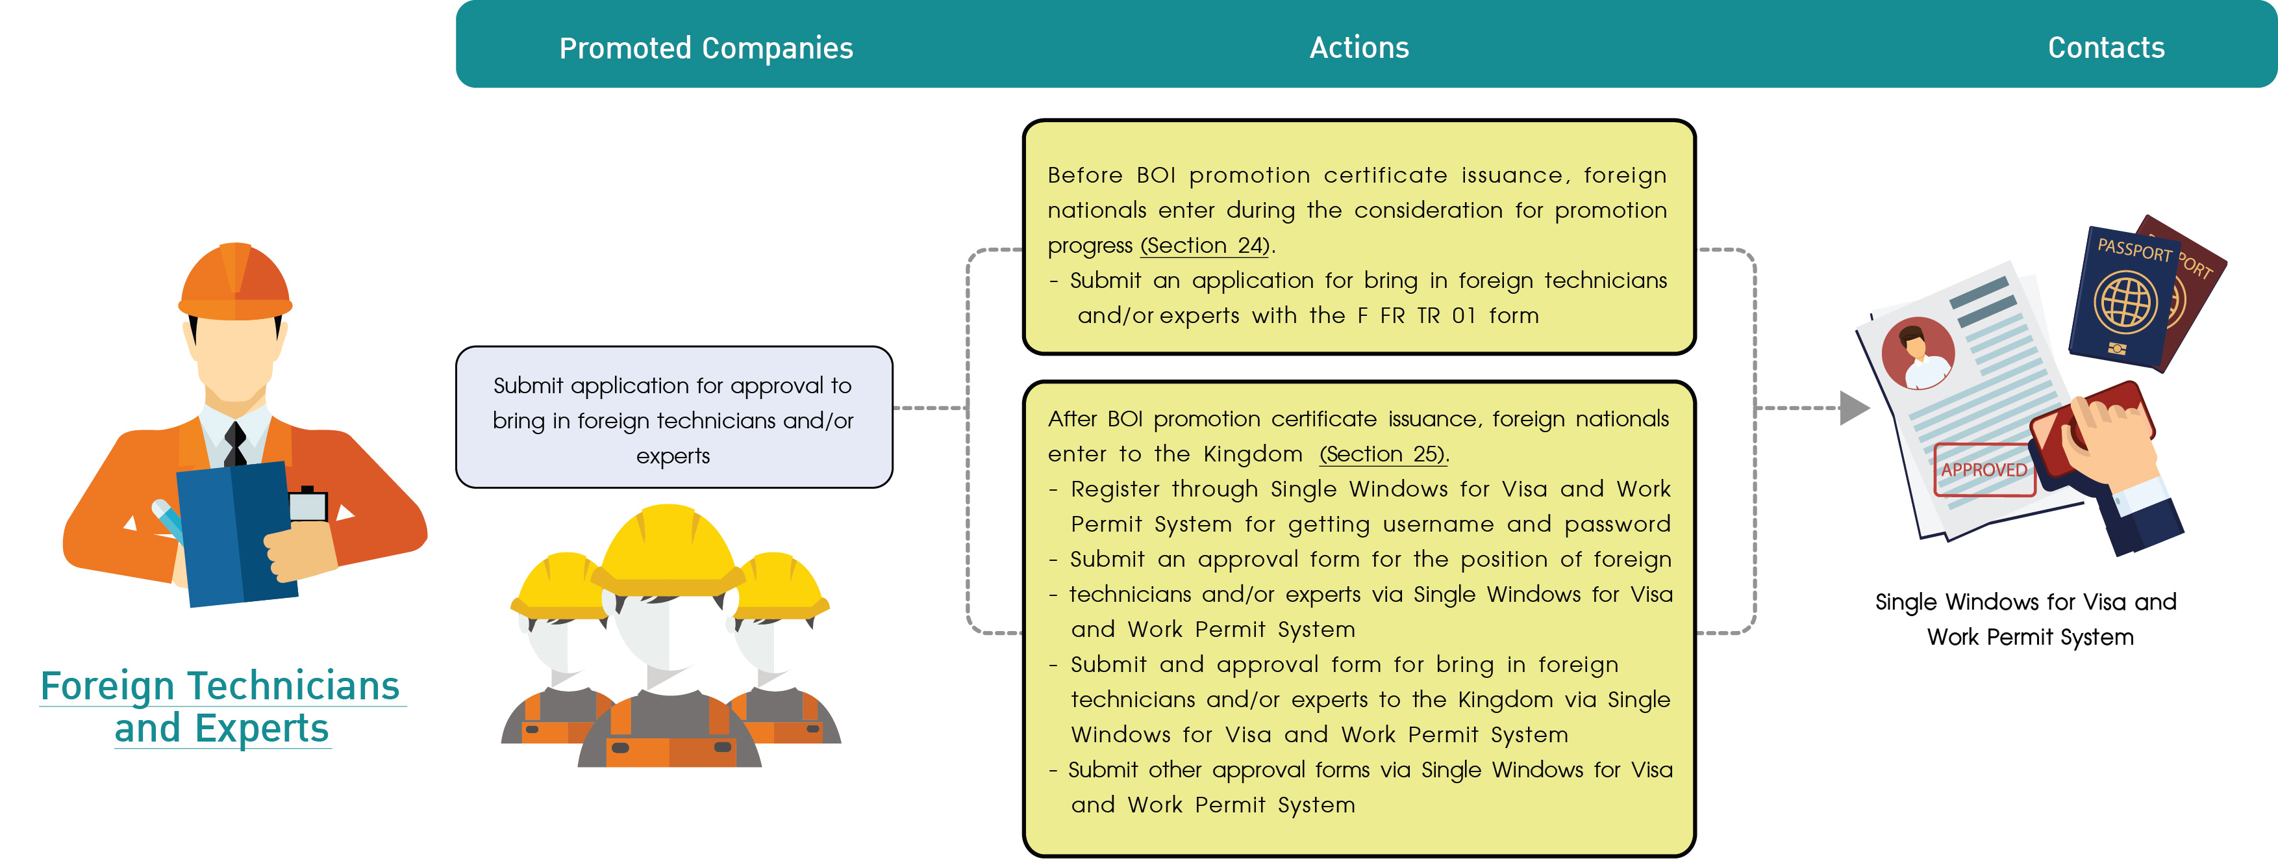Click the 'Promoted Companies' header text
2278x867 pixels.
pos(706,49)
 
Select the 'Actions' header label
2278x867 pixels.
pos(1359,48)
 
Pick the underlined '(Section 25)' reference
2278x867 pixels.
pos(1383,454)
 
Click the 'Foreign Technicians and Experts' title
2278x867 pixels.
pos(221,707)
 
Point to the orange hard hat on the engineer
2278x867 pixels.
pos(235,281)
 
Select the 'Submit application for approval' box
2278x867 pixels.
pos(674,417)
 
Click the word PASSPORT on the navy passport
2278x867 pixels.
pos(2134,250)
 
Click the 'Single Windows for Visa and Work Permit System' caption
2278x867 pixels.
pos(2026,619)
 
